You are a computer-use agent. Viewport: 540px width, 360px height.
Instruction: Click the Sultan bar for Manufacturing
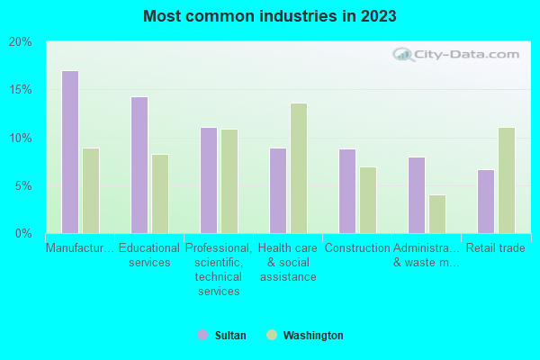tap(69, 152)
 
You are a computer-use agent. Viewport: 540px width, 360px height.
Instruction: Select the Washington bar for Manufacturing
tap(91, 191)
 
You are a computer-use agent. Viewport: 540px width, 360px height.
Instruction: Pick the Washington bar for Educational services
tap(160, 193)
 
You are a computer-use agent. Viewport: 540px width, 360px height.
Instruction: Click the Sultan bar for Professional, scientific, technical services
tap(208, 180)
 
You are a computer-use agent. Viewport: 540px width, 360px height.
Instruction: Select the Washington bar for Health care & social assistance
tap(299, 168)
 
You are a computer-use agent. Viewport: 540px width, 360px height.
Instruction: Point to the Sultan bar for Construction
tap(346, 191)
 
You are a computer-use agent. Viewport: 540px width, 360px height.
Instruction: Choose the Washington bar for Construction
tap(368, 200)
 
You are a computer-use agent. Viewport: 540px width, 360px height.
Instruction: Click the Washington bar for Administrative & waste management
tap(437, 214)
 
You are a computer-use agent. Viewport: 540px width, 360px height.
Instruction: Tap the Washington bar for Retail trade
tap(507, 180)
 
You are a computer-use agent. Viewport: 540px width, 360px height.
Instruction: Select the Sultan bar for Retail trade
tap(485, 202)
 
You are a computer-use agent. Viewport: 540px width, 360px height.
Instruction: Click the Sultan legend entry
tap(221, 336)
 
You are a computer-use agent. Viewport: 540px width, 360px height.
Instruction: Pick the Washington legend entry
tap(304, 336)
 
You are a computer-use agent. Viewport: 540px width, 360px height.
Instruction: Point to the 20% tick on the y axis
tap(20, 42)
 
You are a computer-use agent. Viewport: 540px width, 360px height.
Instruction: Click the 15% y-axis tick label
tap(20, 90)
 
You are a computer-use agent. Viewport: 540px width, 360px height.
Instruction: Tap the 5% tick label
tap(22, 186)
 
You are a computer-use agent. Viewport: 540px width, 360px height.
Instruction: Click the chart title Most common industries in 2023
tap(269, 16)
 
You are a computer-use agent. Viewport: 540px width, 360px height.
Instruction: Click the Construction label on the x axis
tap(357, 247)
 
